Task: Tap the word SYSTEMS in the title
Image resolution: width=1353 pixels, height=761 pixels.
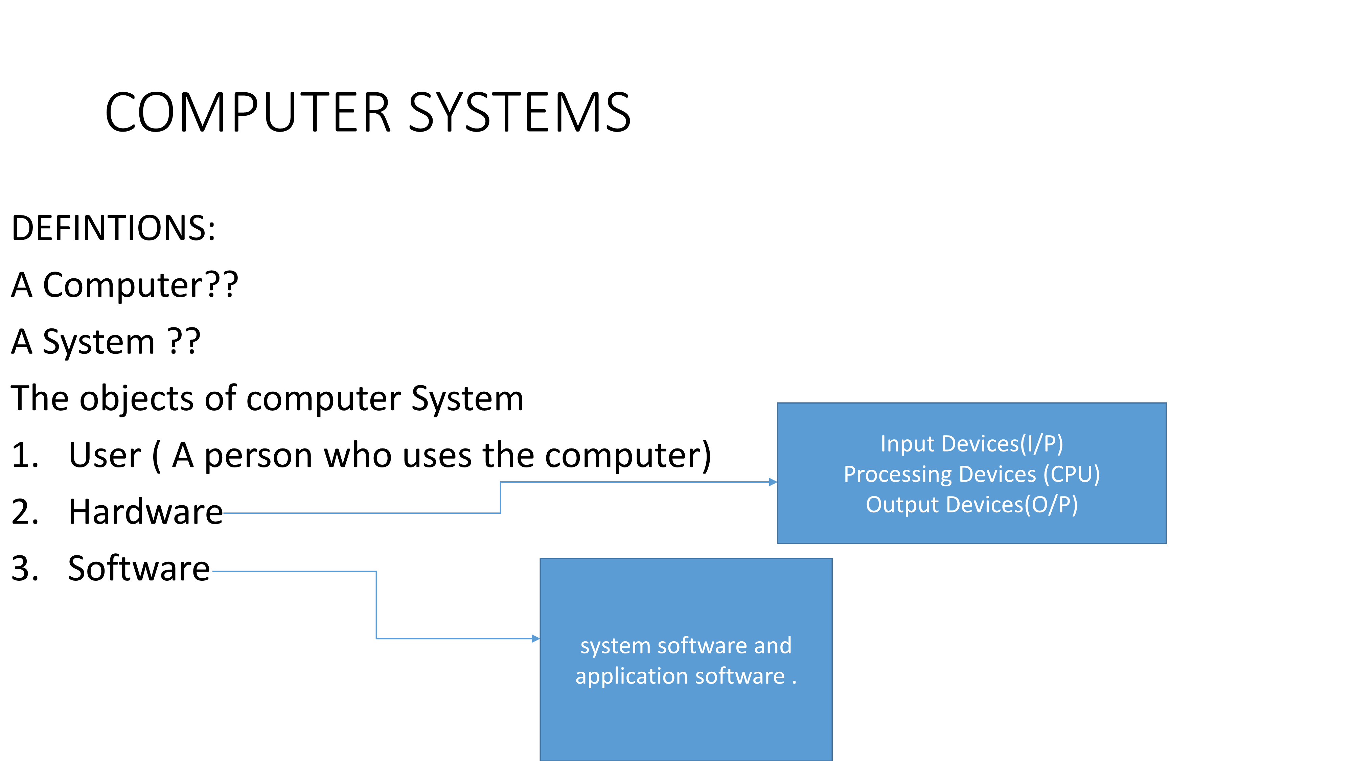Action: pos(520,112)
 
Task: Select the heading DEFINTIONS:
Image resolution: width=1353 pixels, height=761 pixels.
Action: pos(113,228)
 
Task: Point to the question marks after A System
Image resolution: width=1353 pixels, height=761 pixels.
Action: pos(184,341)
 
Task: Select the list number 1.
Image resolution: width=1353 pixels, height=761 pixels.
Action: pos(25,455)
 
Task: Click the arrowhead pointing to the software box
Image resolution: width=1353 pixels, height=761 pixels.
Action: pos(536,639)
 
